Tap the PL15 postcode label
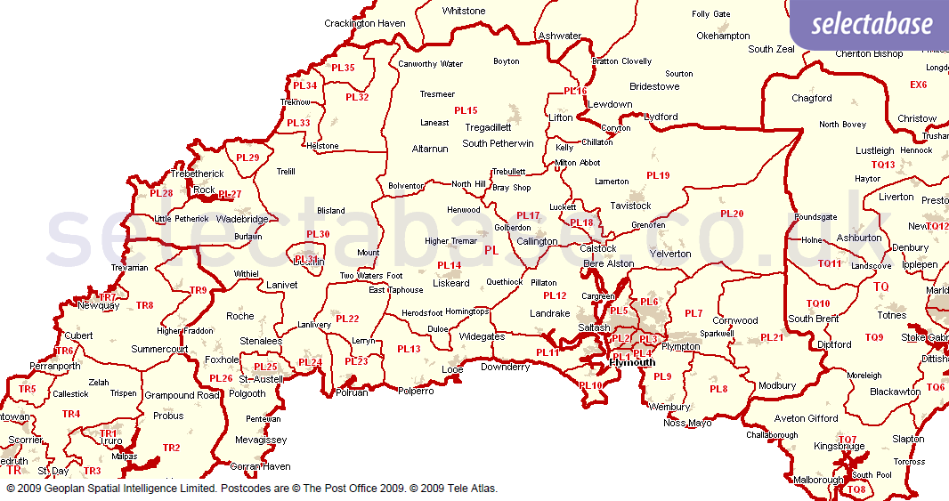pyautogui.click(x=466, y=110)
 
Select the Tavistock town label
pyautogui.click(x=630, y=206)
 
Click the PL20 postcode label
pyautogui.click(x=731, y=214)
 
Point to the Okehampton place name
pyautogui.click(x=723, y=36)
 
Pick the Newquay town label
pyautogui.click(x=98, y=305)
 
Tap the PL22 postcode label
pyautogui.click(x=347, y=319)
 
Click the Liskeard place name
pyautogui.click(x=450, y=283)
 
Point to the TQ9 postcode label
pyautogui.click(x=873, y=337)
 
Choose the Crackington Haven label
pyautogui.click(x=364, y=23)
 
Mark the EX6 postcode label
pyautogui.click(x=918, y=85)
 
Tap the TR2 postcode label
pyautogui.click(x=171, y=448)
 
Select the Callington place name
pyautogui.click(x=537, y=241)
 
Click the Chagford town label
pyautogui.click(x=811, y=98)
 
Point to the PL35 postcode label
pyautogui.click(x=343, y=68)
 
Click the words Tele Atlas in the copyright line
pyautogui.click(x=474, y=489)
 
